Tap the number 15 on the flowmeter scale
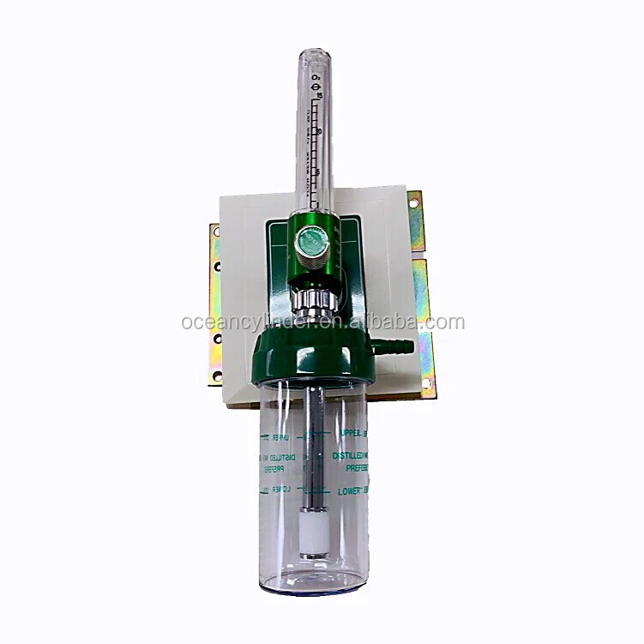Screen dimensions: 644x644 pyautogui.click(x=318, y=95)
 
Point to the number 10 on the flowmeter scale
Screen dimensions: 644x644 pyautogui.click(x=318, y=130)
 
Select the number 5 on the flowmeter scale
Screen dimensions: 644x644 pyautogui.click(x=318, y=171)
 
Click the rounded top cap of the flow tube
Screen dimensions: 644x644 pyautogui.click(x=316, y=56)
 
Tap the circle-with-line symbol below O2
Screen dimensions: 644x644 pyautogui.click(x=318, y=87)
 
